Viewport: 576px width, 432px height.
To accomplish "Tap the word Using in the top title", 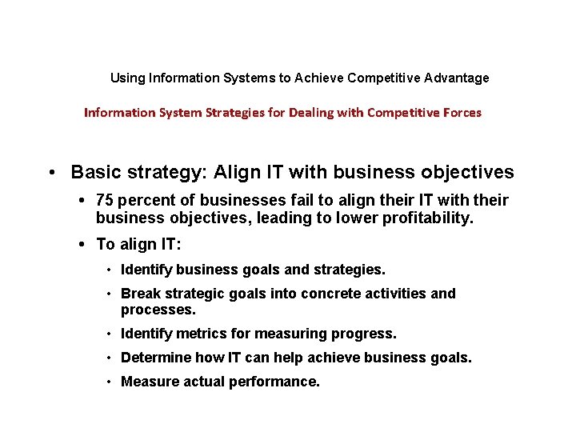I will (x=125, y=78).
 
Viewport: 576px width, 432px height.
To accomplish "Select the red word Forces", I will (x=460, y=113).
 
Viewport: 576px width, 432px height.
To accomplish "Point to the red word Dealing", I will (x=340, y=113).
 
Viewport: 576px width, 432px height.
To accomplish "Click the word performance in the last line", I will (x=271, y=382).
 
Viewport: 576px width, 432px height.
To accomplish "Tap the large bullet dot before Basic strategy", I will (x=50, y=173).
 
